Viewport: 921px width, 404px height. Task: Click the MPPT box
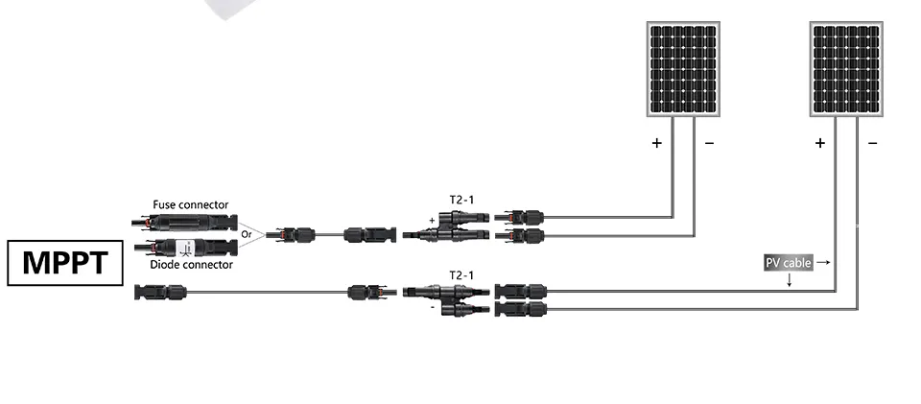65,263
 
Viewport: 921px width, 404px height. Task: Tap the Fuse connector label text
190,205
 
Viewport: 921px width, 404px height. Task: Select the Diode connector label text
191,265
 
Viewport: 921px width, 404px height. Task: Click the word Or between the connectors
248,234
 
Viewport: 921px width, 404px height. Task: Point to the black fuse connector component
184,223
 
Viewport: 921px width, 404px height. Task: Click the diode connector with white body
185,247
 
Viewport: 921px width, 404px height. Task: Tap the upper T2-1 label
461,201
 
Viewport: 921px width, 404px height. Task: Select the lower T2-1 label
461,275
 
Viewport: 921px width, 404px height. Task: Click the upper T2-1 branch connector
446,226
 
